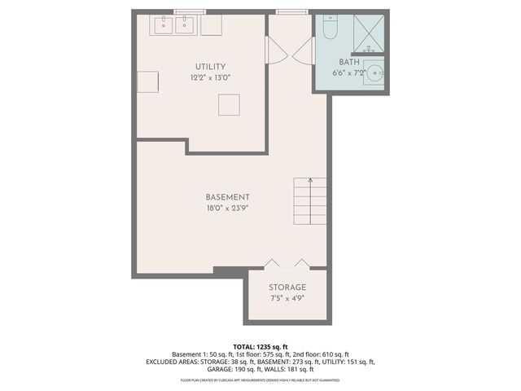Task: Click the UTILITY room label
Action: pos(210,67)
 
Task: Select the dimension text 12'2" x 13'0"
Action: pos(210,78)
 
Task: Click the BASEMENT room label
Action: pos(227,197)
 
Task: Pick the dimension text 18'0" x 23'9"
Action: pos(227,209)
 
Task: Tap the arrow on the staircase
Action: pos(309,182)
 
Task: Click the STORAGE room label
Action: pos(287,288)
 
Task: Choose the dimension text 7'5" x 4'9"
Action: pos(287,299)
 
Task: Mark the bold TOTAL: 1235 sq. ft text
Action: pos(260,346)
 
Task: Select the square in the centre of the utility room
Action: pos(229,104)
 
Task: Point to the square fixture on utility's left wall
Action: pos(147,81)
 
